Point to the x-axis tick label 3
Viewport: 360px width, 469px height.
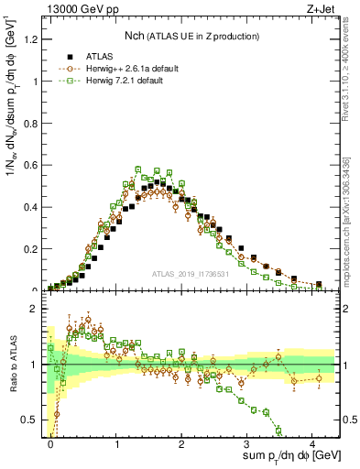coord(247,442)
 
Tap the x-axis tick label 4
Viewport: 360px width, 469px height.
coord(313,442)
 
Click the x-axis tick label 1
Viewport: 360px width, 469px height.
coord(116,442)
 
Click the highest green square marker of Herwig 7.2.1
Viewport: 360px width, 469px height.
coord(137,169)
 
